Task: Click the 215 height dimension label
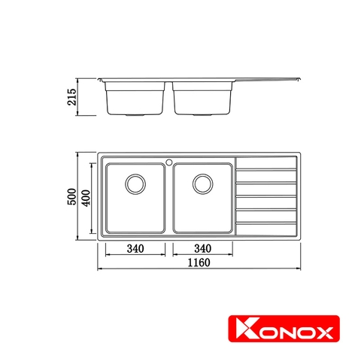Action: point(72,97)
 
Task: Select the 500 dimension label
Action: point(72,196)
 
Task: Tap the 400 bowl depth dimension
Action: point(86,198)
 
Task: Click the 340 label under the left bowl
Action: point(135,249)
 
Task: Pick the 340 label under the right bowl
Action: point(203,248)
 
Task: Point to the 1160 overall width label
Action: point(199,262)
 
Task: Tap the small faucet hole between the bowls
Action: point(169,162)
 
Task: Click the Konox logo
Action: point(284,329)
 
